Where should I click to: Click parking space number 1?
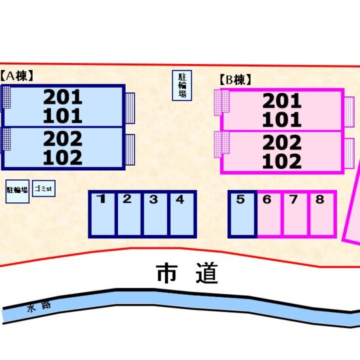click(x=101, y=214)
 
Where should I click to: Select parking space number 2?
click(x=129, y=214)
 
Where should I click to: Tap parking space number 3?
click(x=155, y=214)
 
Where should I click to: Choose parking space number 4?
click(x=183, y=214)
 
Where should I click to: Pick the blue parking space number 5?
click(x=242, y=214)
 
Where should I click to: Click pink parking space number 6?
click(x=269, y=214)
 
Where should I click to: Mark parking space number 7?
click(x=295, y=214)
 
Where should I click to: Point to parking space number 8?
click(x=322, y=214)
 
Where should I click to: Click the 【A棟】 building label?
click(x=16, y=76)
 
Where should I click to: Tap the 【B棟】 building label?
click(x=235, y=80)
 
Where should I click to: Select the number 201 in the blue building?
click(x=63, y=97)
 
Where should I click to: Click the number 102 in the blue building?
click(x=63, y=158)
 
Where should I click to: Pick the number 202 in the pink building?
click(x=282, y=142)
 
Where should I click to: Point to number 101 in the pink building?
click(x=282, y=120)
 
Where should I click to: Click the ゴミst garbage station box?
click(x=44, y=189)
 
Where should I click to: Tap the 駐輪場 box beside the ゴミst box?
click(x=18, y=191)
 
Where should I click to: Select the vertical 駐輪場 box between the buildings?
click(x=182, y=85)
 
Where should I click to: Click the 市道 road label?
click(x=187, y=273)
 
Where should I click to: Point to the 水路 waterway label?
click(x=39, y=307)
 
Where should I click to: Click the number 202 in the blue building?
click(x=63, y=139)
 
